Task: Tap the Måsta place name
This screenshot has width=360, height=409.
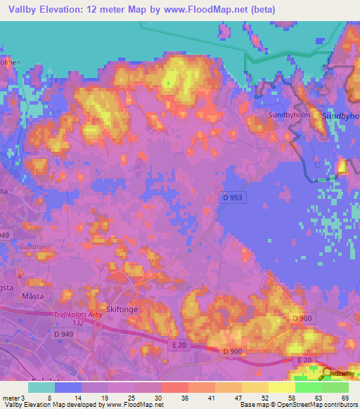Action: pos(32,297)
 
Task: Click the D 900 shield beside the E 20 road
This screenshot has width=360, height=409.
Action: pos(233,351)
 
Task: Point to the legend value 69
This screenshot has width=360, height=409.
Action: pos(344,400)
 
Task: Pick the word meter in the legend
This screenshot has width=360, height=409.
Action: pos(11,400)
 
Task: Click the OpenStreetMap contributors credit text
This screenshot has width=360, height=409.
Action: pos(320,405)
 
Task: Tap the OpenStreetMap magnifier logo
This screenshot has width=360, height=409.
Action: pos(328,374)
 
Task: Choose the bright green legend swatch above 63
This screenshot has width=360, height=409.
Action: pos(308,387)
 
